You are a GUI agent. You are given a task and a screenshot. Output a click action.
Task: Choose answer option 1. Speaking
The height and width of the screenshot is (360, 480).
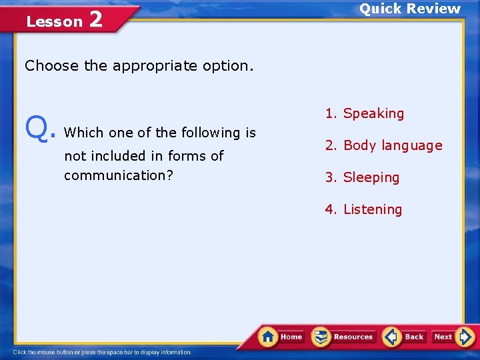click(x=365, y=113)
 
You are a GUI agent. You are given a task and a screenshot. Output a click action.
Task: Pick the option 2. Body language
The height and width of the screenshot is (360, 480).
click(x=383, y=145)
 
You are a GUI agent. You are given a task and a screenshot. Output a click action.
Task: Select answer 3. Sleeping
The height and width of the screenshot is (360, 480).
click(x=362, y=177)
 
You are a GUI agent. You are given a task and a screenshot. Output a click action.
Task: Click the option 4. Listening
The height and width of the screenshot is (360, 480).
click(x=363, y=209)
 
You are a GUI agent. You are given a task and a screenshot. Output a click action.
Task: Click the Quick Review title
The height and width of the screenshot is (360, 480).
click(x=410, y=9)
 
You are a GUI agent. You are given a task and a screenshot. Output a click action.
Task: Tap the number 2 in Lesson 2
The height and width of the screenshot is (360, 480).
click(x=95, y=19)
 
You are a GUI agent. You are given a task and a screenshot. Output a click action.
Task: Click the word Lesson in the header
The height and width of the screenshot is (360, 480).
click(x=54, y=21)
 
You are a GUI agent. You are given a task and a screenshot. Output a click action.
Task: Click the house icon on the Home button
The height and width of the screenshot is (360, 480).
click(x=269, y=336)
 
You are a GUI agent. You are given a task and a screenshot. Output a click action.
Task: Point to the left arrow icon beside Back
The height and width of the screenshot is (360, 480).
click(x=392, y=337)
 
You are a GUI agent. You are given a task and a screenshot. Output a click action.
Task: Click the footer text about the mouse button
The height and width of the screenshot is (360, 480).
click(x=103, y=352)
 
